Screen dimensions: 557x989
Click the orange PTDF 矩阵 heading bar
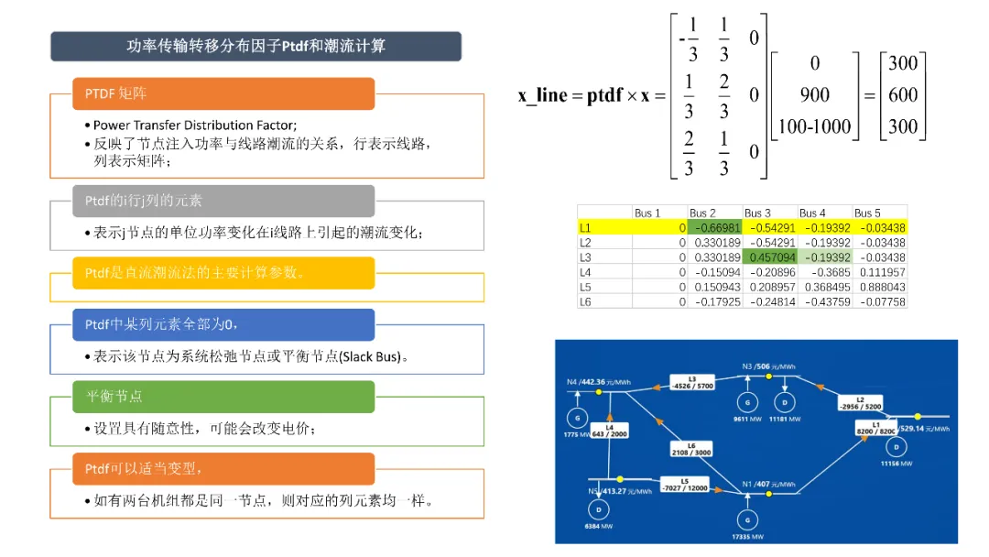click(223, 93)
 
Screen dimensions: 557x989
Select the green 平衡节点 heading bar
click(223, 397)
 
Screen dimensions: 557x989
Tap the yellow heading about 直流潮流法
click(223, 273)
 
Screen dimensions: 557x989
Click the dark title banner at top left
click(255, 46)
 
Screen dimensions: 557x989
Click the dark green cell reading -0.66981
click(715, 226)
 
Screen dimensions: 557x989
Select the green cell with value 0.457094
click(770, 257)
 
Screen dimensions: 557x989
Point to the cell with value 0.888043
click(880, 287)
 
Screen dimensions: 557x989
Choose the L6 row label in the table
click(586, 301)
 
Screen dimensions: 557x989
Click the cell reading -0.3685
click(825, 272)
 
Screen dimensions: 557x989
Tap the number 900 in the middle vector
click(814, 94)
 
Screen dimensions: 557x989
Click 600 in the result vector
click(902, 94)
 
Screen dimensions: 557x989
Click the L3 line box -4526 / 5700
click(692, 382)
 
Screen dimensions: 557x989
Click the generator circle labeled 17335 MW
click(748, 520)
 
